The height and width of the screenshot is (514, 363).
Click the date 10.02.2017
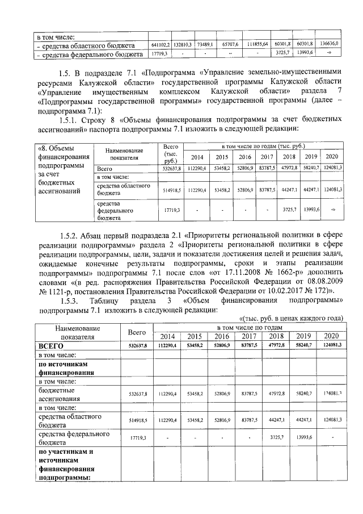[x=282, y=291]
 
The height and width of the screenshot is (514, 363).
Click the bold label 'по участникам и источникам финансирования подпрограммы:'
[x=65, y=465]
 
